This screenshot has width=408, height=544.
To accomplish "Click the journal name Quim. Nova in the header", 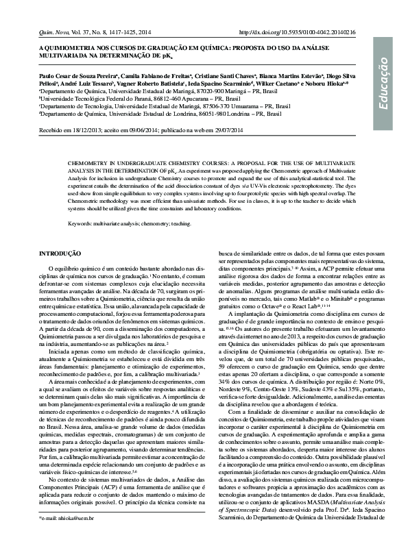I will [54, 32].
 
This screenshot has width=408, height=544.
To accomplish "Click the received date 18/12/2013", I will [91, 128].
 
